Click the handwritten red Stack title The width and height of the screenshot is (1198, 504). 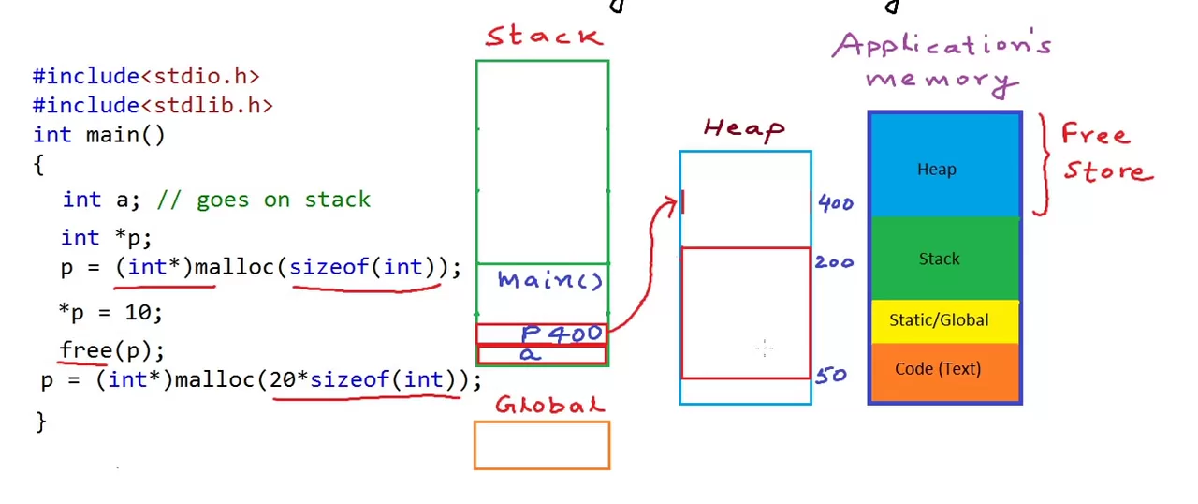point(544,37)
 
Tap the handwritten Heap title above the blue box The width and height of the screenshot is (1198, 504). point(744,128)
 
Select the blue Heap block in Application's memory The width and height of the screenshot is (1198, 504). point(944,169)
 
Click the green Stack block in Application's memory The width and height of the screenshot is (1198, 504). point(944,259)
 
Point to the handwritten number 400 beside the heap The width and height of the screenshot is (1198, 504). point(836,203)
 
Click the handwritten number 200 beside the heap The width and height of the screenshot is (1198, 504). point(834,262)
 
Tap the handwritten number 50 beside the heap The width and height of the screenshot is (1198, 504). point(831,377)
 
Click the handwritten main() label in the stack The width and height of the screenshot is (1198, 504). point(550,280)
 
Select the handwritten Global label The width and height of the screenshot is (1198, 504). point(549,406)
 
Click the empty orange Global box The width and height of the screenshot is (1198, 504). point(542,445)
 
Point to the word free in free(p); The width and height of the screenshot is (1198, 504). point(86,350)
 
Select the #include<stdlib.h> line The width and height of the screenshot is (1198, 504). point(153,105)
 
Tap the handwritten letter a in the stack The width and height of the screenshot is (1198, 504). point(531,354)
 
